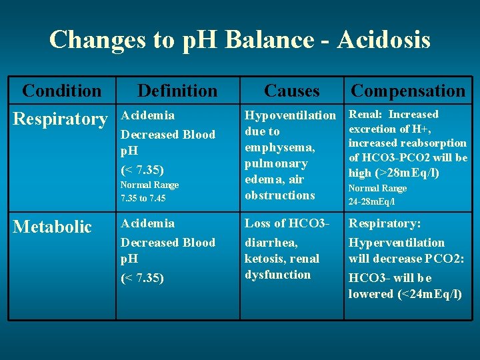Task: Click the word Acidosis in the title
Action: coord(384,40)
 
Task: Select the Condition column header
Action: coord(61,91)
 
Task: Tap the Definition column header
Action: coord(177,91)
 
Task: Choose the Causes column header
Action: coord(292,91)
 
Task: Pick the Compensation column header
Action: coord(408,91)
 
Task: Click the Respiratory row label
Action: coord(60,119)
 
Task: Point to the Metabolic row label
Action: coord(53,227)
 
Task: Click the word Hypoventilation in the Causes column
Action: coord(291,116)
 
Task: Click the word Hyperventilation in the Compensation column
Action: coord(396,243)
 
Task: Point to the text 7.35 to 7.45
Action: coord(143,198)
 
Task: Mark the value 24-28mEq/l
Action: coord(372,201)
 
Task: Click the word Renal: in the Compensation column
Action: coord(366,115)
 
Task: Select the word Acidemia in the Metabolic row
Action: coord(147,223)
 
